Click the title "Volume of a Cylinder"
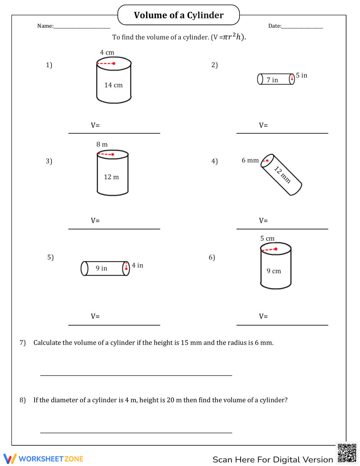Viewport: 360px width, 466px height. pos(179,15)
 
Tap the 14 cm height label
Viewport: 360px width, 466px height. pos(113,85)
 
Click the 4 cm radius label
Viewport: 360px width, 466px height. pos(107,53)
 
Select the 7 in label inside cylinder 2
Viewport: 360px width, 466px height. pos(272,80)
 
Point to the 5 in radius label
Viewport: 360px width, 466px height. pos(302,75)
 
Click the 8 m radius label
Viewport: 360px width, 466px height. pos(102,144)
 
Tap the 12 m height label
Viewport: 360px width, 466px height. pos(111,177)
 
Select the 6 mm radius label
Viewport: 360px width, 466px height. pos(250,160)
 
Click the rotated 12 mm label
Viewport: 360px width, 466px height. pos(283,175)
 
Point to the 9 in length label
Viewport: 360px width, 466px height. pos(101,268)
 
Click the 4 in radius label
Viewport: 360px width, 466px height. pos(138,265)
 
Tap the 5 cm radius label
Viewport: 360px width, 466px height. pos(267,238)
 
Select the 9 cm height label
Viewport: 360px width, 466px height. pos(274,271)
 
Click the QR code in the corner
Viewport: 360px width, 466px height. pos(347,453)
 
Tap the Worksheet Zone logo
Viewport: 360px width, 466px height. pos(44,459)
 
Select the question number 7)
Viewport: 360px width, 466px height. pos(23,342)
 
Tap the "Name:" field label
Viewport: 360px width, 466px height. pos(45,26)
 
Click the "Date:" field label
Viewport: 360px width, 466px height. pos(275,26)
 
